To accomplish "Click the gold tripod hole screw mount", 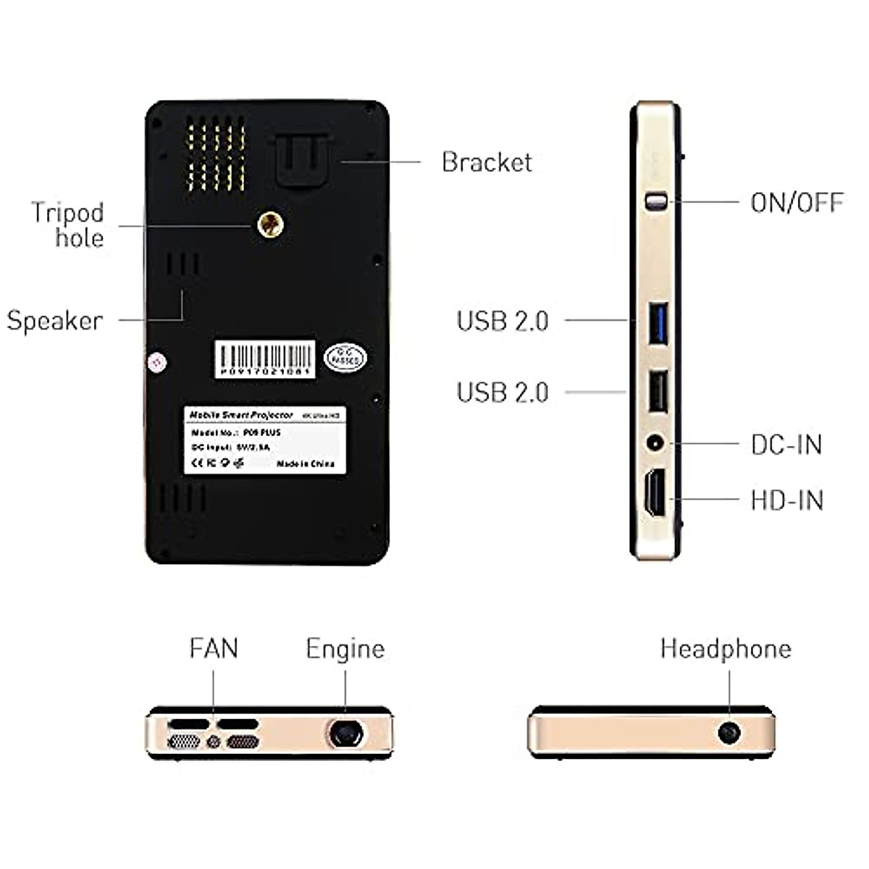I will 270,224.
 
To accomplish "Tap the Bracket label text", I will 487,162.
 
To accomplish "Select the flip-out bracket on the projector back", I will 303,161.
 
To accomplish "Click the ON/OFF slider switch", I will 655,201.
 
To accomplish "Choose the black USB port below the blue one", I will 658,392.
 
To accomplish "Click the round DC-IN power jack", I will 655,442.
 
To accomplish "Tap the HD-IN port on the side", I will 655,493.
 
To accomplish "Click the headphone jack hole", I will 729,733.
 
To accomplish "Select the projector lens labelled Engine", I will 345,733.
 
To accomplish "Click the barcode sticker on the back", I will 265,359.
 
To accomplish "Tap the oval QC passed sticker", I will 345,358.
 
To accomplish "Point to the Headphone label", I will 726,649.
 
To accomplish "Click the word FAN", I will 214,648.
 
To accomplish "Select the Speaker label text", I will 55,321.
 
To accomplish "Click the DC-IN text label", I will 786,445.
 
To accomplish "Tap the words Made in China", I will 306,463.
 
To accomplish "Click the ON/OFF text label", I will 797,203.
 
